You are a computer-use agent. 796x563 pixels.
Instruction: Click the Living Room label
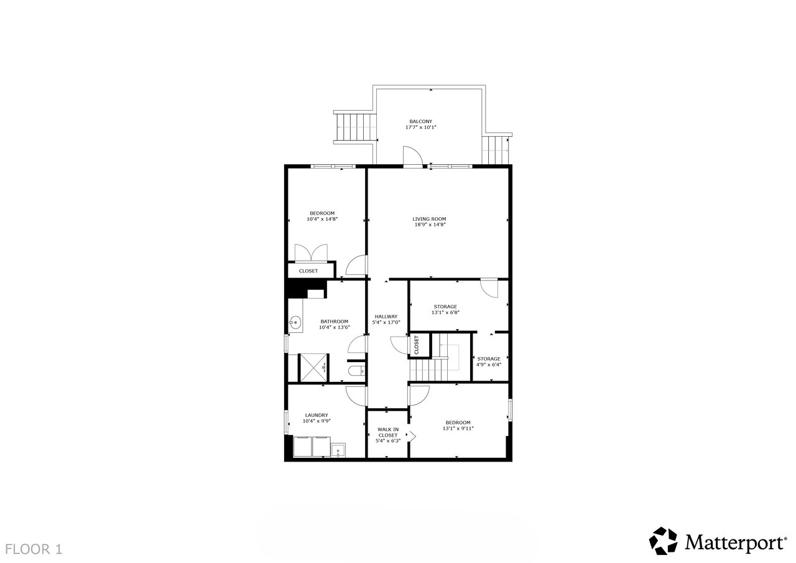(429, 219)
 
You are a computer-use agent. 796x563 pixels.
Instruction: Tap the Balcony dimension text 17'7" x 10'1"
(421, 128)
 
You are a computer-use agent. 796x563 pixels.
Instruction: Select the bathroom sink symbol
(294, 323)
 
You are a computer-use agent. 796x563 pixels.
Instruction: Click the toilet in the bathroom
(356, 371)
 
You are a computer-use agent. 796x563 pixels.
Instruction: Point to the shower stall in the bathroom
(315, 368)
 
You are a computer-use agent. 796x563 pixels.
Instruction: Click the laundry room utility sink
(338, 450)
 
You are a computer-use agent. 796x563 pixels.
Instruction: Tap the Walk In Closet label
(388, 432)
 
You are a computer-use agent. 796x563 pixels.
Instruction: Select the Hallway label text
(386, 317)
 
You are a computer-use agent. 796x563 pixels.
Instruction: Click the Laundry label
(317, 415)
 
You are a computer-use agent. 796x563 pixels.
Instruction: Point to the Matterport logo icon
(663, 541)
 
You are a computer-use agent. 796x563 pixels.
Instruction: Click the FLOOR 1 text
(34, 549)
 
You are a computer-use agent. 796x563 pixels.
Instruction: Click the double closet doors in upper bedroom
(312, 253)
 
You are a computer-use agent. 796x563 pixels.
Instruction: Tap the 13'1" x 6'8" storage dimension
(445, 312)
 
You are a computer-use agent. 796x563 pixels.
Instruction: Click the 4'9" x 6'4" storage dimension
(489, 365)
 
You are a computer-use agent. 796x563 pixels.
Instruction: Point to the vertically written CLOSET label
(417, 345)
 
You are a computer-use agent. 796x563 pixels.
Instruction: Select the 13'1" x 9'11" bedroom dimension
(458, 428)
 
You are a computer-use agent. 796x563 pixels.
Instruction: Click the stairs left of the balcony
(354, 128)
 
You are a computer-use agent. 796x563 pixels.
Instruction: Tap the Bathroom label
(335, 322)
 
